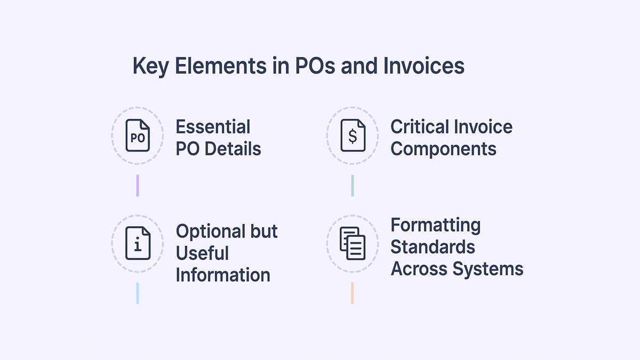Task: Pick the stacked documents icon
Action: (x=353, y=243)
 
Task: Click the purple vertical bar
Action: (x=138, y=185)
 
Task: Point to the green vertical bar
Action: (x=353, y=185)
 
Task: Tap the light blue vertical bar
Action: (x=138, y=293)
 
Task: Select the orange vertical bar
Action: (x=353, y=293)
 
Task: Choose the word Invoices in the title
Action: (x=423, y=67)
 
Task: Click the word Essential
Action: (x=213, y=127)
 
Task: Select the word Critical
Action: (x=419, y=127)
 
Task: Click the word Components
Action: (x=443, y=149)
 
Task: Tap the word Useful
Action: (x=202, y=253)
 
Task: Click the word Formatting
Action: (x=435, y=225)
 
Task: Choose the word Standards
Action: (x=433, y=247)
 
